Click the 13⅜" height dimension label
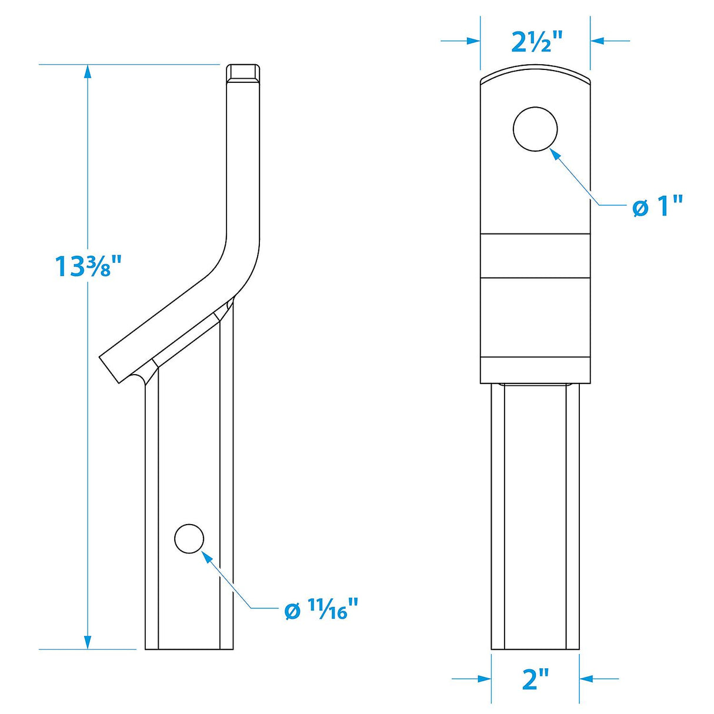click(87, 266)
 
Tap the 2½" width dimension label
click(536, 42)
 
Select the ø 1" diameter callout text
click(658, 207)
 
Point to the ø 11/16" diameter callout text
click(321, 609)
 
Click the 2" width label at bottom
click(535, 679)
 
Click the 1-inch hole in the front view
click(535, 129)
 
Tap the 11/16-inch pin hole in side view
click(189, 538)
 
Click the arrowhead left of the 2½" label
click(473, 41)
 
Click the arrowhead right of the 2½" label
click(598, 41)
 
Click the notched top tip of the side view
click(243, 73)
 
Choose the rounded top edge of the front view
click(535, 74)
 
